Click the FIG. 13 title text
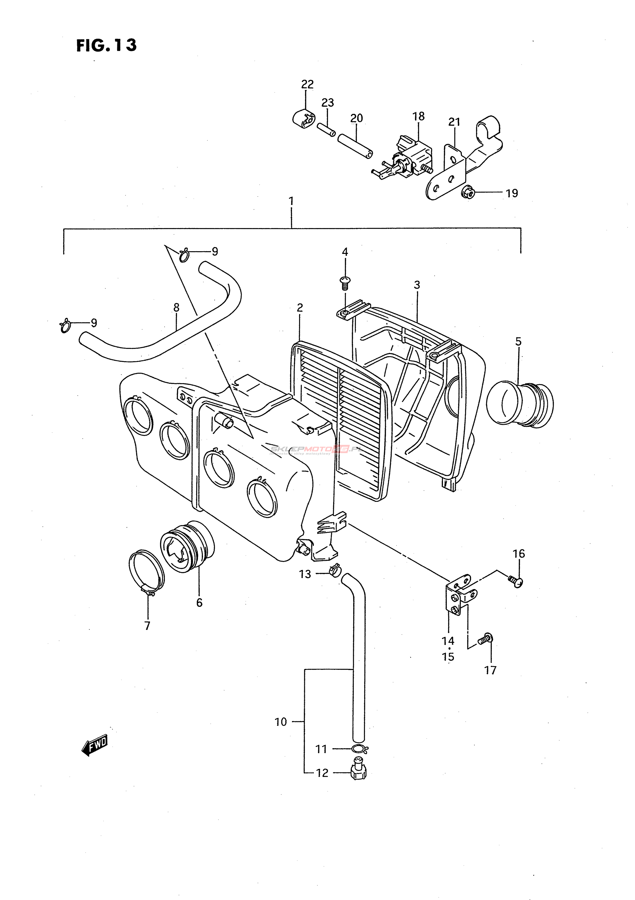pos(106,45)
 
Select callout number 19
pos(512,193)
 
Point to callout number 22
pos(307,84)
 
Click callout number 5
pos(518,342)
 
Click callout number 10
pos(281,722)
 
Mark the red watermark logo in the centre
pos(340,449)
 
